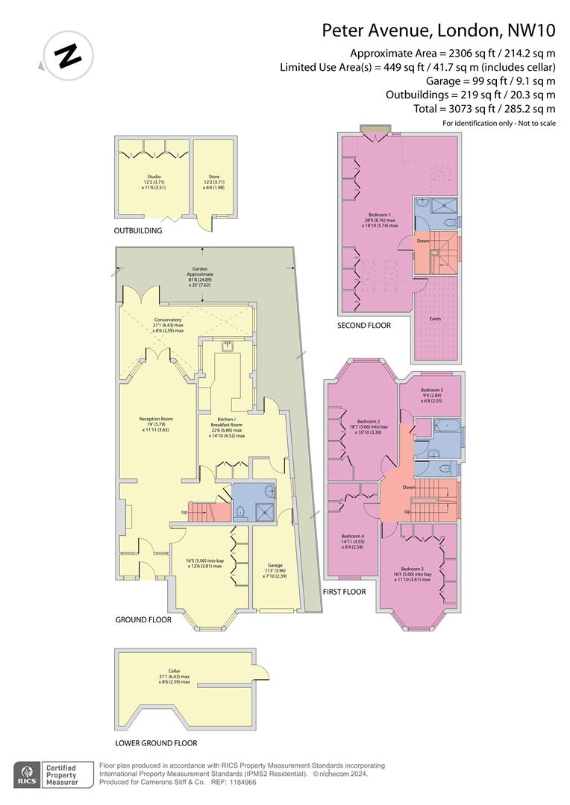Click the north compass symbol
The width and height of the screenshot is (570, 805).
(69, 55)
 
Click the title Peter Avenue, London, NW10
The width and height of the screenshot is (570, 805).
(439, 31)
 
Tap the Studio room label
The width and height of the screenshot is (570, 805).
(154, 177)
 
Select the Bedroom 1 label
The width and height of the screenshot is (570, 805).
(381, 215)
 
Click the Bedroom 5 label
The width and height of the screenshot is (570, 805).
(431, 390)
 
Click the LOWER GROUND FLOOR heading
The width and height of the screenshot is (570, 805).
(156, 743)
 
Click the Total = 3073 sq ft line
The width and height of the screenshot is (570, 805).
(470, 109)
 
